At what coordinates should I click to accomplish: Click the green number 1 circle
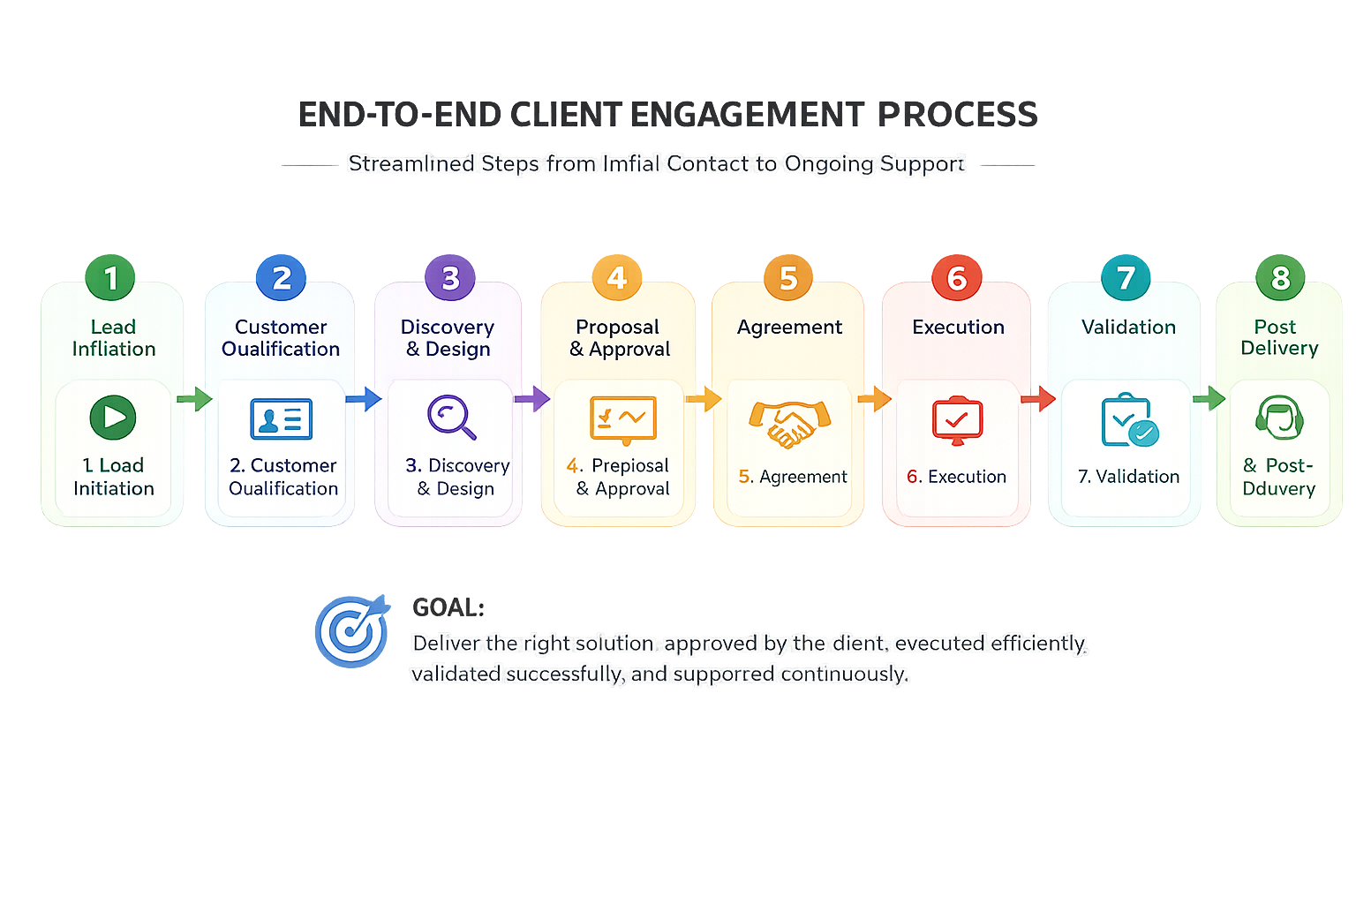click(x=110, y=278)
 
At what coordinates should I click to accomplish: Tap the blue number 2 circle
click(x=281, y=278)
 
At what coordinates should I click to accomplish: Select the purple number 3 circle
click(x=450, y=278)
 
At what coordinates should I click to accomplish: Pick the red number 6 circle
click(x=957, y=278)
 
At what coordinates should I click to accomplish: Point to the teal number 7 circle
click(x=1126, y=278)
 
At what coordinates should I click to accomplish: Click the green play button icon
click(x=113, y=418)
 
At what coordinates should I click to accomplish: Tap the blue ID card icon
click(x=282, y=419)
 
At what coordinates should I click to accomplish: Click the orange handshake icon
click(x=789, y=422)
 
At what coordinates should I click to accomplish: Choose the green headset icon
click(x=1279, y=417)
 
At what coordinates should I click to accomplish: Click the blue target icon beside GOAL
click(x=352, y=630)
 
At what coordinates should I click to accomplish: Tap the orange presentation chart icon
click(x=622, y=419)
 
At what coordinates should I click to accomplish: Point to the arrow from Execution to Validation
click(x=1038, y=399)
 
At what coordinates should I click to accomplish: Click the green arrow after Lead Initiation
click(x=194, y=399)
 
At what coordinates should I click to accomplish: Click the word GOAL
click(x=447, y=607)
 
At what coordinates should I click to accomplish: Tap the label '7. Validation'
click(x=1128, y=477)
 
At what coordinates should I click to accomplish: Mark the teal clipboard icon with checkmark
click(x=1129, y=420)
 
